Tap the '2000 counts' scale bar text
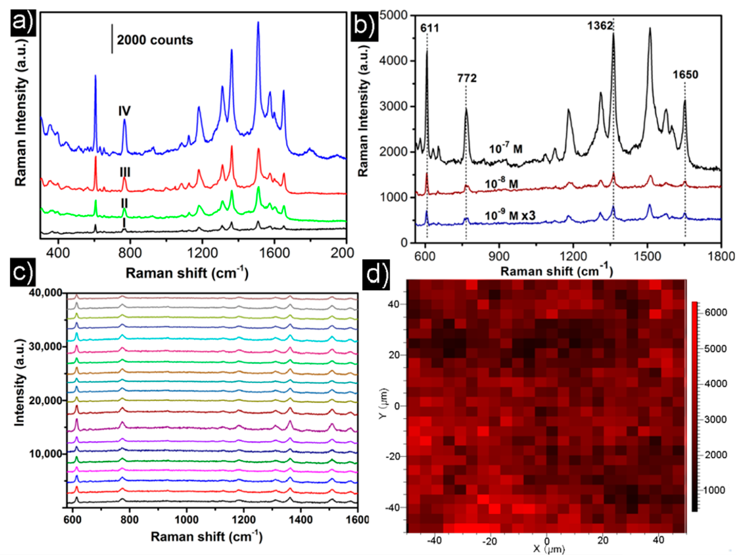click(x=155, y=40)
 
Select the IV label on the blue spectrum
click(x=125, y=111)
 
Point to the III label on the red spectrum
click(x=125, y=172)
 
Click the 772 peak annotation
click(x=467, y=78)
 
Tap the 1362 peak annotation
click(x=600, y=26)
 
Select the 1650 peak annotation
click(x=685, y=75)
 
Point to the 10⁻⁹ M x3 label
click(x=510, y=215)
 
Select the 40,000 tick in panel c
click(x=45, y=293)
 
